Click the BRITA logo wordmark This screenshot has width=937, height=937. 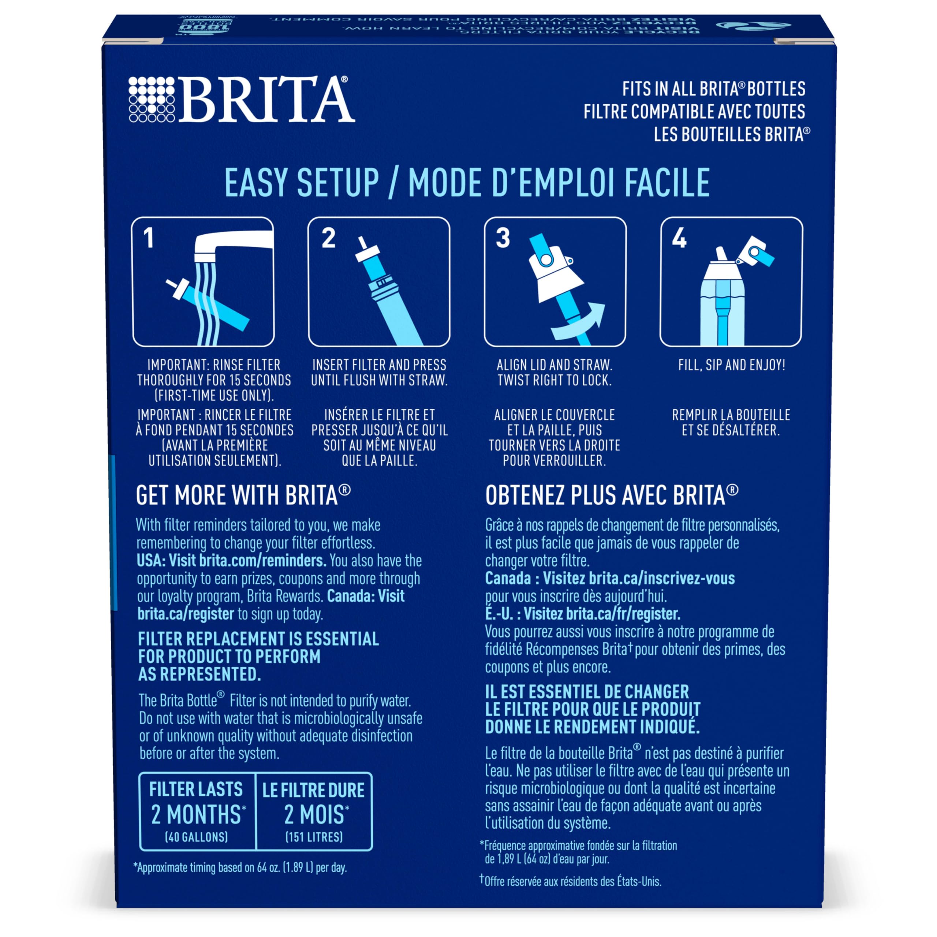(267, 100)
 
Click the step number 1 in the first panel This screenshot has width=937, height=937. (148, 238)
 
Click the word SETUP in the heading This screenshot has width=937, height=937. (337, 183)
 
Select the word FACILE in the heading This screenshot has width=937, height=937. (667, 183)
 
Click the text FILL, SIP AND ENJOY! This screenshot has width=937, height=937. (731, 365)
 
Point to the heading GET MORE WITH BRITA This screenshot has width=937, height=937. (243, 496)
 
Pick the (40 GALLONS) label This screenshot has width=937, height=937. (197, 837)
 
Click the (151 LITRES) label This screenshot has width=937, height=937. (314, 837)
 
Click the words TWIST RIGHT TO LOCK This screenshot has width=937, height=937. (555, 381)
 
